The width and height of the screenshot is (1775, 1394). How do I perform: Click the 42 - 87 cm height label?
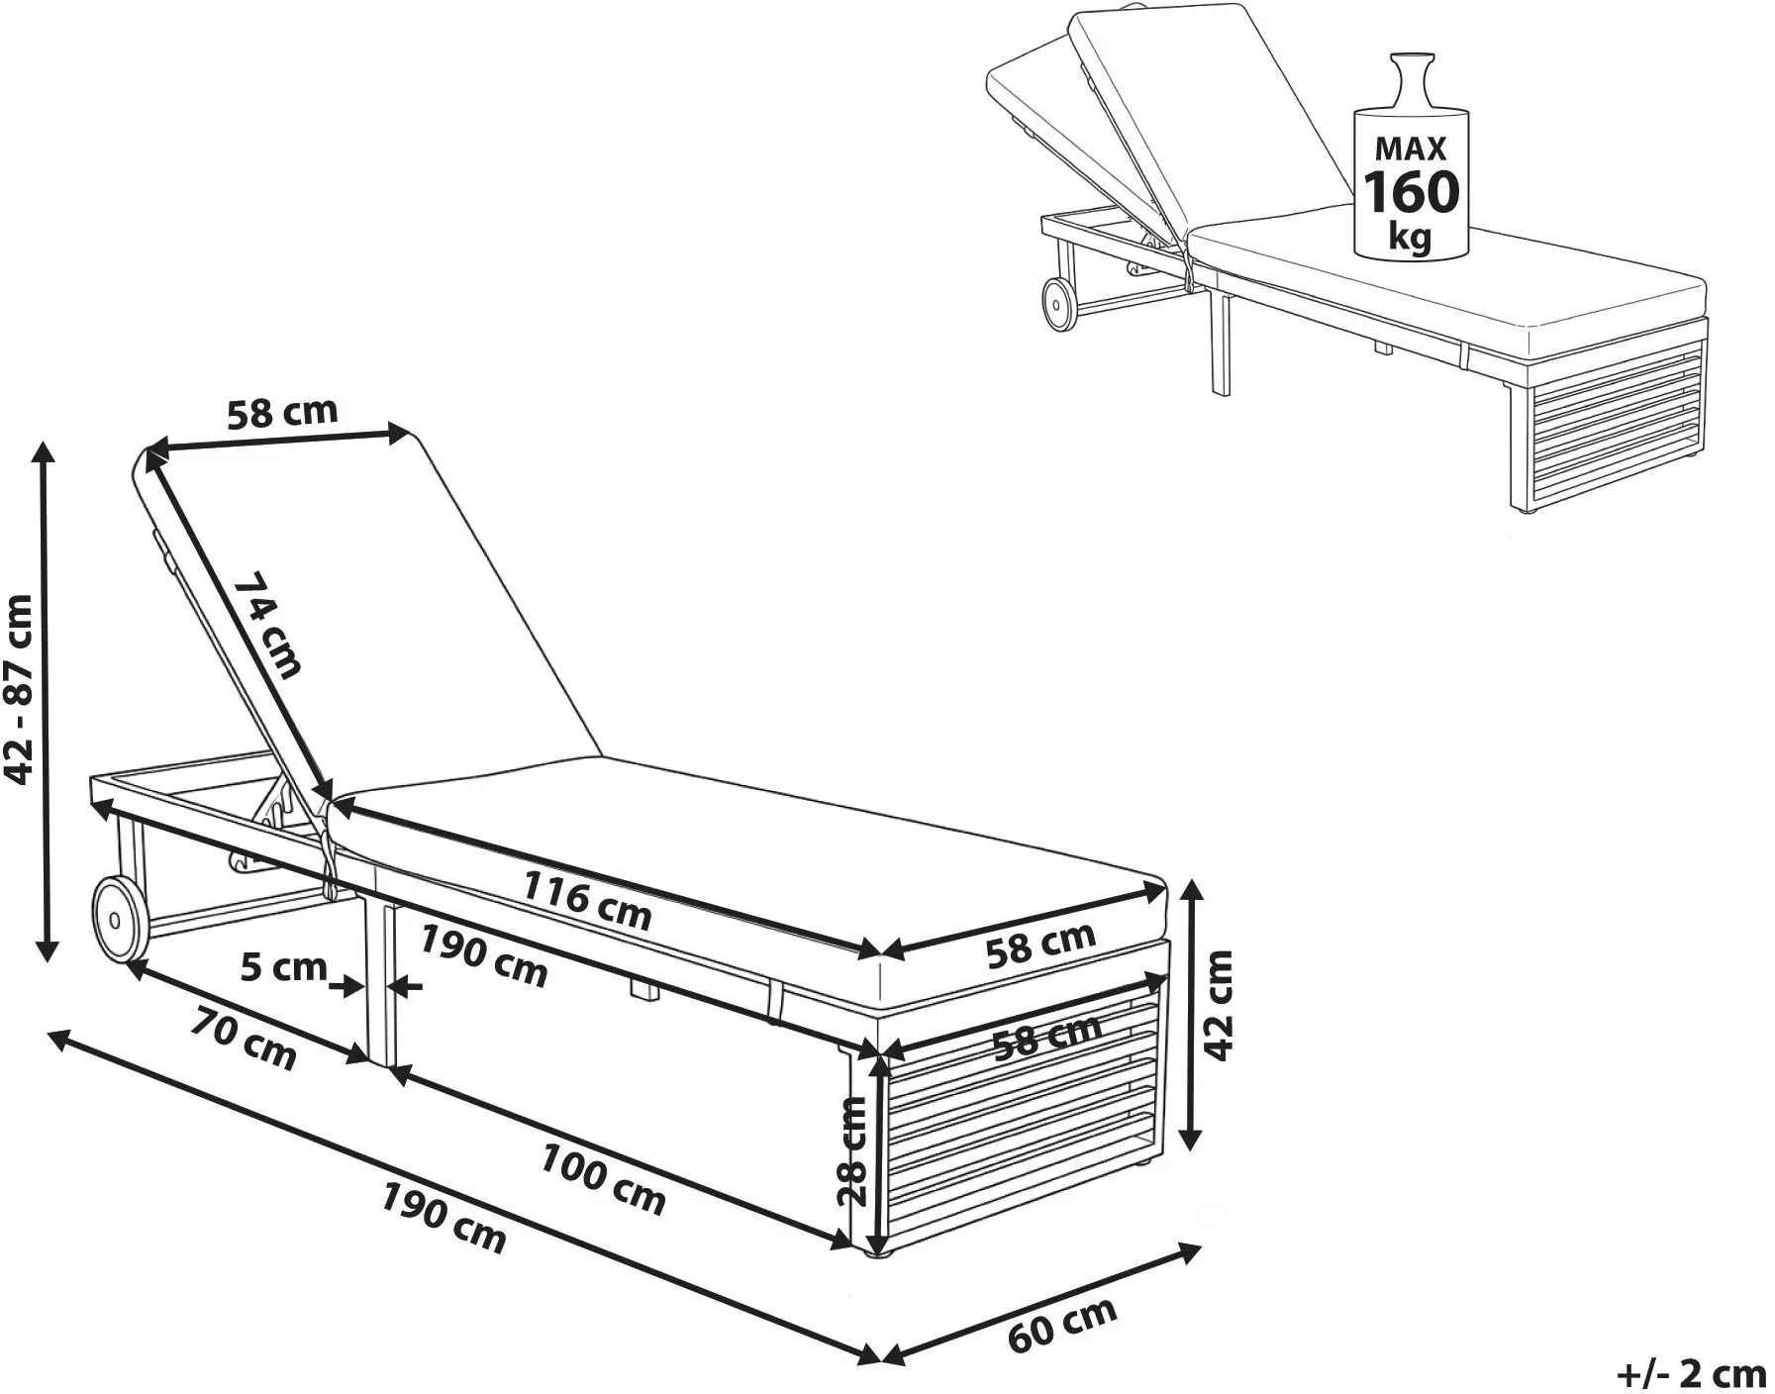(x=21, y=689)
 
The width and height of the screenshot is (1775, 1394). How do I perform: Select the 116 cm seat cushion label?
(x=587, y=900)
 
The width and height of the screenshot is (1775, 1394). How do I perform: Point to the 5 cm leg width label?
(x=283, y=966)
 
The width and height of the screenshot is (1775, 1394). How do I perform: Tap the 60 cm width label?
(x=1062, y=1323)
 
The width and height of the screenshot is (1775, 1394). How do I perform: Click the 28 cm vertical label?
(x=852, y=1150)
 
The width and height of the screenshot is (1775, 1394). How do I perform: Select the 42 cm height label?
(x=1219, y=1004)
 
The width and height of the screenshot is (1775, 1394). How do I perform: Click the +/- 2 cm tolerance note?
(x=1692, y=1373)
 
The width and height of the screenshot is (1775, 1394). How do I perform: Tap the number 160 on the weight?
(x=1412, y=192)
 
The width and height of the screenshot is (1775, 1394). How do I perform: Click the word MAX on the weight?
(x=1411, y=149)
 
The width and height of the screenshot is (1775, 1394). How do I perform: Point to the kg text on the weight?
(x=1411, y=238)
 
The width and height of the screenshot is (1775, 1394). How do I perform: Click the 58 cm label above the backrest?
(x=282, y=413)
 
